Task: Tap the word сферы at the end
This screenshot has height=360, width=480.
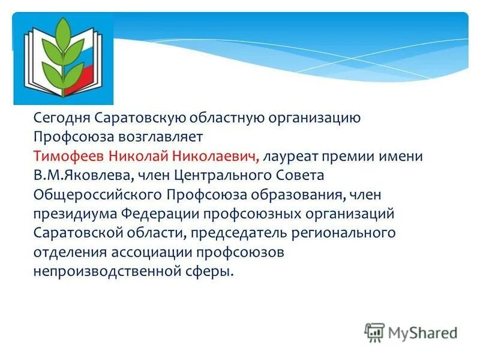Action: click(x=212, y=272)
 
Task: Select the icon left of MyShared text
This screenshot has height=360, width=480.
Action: click(x=374, y=332)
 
